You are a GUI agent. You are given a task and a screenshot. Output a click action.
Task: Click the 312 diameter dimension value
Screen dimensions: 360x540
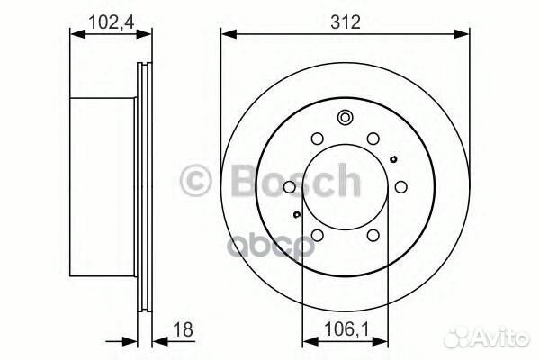pyautogui.click(x=345, y=22)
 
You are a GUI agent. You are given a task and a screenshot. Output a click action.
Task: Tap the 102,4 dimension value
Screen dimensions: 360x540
pyautogui.click(x=107, y=20)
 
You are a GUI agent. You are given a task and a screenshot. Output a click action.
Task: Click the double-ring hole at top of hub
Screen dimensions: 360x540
pyautogui.click(x=345, y=117)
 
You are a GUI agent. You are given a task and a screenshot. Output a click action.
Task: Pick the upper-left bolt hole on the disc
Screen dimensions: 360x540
pyautogui.click(x=317, y=139)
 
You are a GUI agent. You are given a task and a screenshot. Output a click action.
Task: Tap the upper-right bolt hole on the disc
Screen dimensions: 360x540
pyautogui.click(x=373, y=139)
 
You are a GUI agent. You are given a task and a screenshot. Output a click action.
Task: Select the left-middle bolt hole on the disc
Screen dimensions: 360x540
pyautogui.click(x=288, y=187)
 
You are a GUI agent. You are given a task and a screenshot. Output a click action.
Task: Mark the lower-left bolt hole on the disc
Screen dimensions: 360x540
pyautogui.click(x=317, y=236)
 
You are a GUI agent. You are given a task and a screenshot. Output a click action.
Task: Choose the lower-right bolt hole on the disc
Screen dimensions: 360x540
pyautogui.click(x=373, y=236)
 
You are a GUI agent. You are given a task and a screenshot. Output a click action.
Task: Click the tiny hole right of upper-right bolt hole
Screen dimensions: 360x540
pyautogui.click(x=393, y=159)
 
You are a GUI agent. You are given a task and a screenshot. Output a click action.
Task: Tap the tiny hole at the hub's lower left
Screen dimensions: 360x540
pyautogui.click(x=296, y=215)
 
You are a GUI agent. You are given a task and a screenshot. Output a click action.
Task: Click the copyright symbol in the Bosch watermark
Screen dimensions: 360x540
pyautogui.click(x=197, y=181)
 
